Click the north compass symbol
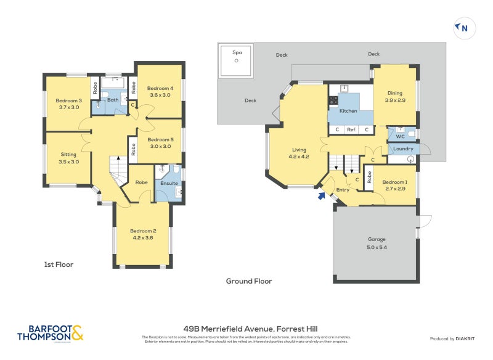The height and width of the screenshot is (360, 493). pos(462,28)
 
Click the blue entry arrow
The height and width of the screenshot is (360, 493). pos(320,196)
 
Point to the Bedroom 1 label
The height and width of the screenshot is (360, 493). pos(394,186)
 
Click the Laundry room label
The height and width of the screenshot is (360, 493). pos(402,149)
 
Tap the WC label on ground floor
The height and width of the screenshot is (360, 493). pos(400,136)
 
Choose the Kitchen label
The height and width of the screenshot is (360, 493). pos(348,111)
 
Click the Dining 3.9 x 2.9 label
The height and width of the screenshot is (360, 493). pos(395,96)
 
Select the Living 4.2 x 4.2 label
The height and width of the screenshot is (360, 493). pos(299,152)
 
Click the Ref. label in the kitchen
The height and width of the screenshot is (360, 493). pos(351,129)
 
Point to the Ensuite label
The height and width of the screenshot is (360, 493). pos(169,183)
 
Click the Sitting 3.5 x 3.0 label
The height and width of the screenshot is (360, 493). pos(69,158)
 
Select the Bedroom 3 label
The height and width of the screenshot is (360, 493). pos(68,104)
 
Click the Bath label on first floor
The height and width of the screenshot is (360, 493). pos(113,100)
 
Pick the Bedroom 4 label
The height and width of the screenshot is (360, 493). pos(160,91)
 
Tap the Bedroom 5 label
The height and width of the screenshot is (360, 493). pos(160,143)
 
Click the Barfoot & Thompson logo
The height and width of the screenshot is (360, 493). pos(50,333)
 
